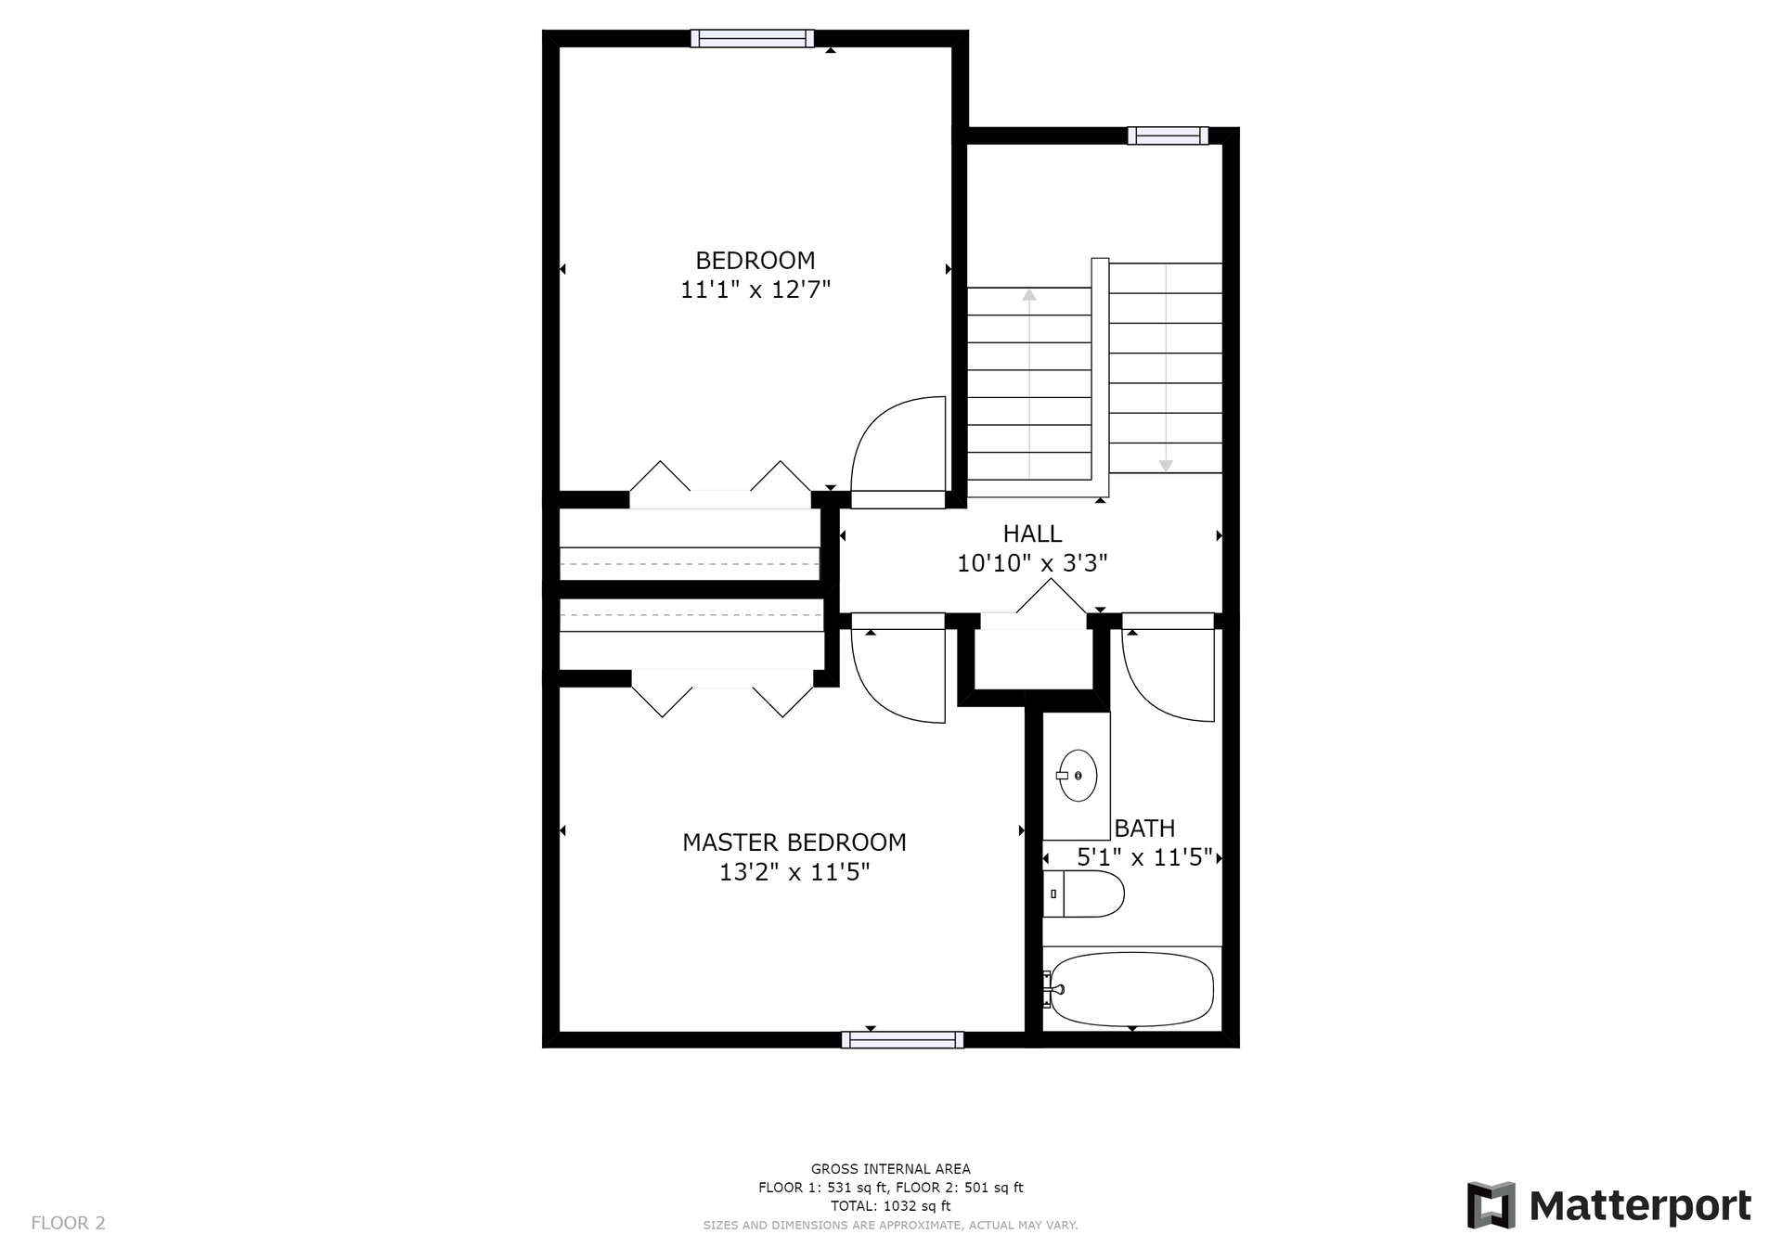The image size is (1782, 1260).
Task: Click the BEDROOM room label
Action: tap(755, 261)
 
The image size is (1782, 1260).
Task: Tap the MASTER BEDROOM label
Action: tap(794, 842)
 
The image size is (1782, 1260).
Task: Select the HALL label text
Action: tap(1032, 534)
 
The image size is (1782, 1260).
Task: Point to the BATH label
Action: tap(1144, 828)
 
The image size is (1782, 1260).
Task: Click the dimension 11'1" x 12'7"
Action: tap(755, 289)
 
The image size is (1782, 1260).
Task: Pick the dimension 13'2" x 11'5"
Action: tap(794, 872)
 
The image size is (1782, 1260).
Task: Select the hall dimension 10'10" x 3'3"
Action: tap(1032, 563)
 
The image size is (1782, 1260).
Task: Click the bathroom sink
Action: tap(1078, 775)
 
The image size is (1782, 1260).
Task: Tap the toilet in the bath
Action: tap(1083, 894)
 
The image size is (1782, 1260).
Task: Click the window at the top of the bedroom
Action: tap(752, 38)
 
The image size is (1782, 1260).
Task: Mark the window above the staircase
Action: tap(1169, 135)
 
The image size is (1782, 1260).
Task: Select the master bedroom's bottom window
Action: tap(902, 1040)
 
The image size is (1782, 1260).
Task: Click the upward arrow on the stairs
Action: tap(1029, 384)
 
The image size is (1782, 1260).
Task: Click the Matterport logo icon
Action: tap(1491, 1205)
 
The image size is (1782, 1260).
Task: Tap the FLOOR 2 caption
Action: tap(69, 1223)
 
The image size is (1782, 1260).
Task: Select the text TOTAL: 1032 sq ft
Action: tap(891, 1206)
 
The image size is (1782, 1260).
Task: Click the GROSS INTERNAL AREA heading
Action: tap(891, 1169)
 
